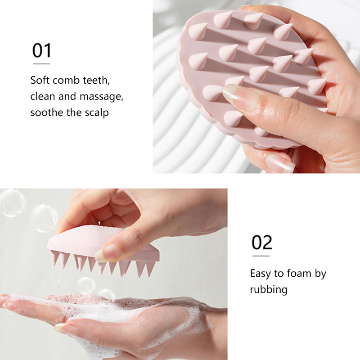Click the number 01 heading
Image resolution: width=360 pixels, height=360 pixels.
point(42,50)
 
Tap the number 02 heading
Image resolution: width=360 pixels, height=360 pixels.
point(262,242)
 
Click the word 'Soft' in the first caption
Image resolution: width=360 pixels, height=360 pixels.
point(40,80)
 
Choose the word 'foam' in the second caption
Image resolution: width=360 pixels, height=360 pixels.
point(299,273)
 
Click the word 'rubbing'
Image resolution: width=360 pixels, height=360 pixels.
point(269,289)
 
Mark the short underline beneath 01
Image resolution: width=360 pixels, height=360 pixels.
point(41,64)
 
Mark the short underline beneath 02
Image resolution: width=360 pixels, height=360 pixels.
point(261,256)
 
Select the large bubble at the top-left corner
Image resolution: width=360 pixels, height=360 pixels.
point(13,203)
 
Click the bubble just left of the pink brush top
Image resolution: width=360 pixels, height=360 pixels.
point(44,218)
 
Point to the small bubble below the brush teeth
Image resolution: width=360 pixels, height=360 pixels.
point(86,285)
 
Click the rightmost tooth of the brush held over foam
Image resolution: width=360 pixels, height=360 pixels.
point(150,269)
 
